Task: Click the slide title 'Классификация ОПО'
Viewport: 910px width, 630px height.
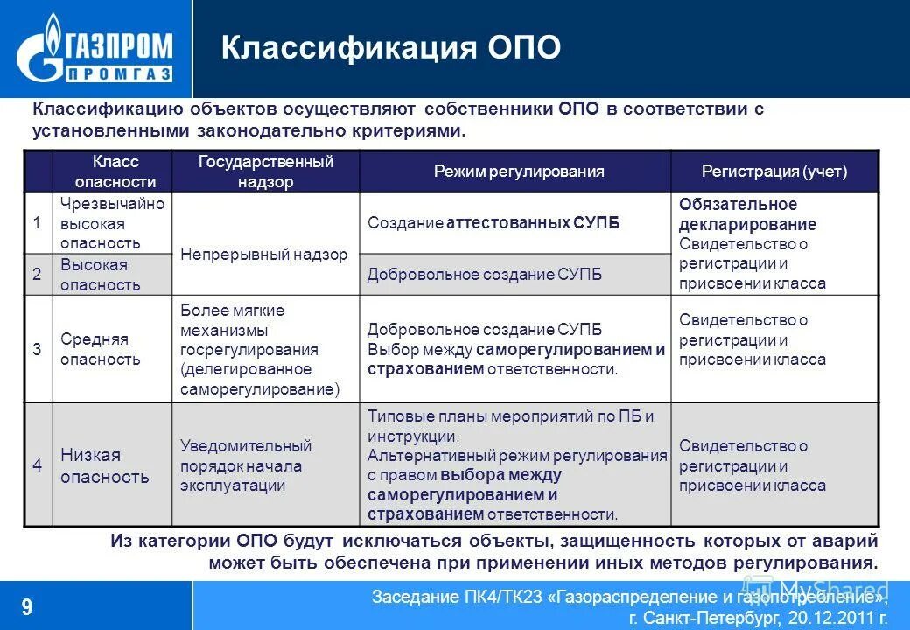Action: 390,48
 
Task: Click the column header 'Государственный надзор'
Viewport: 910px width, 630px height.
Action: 265,171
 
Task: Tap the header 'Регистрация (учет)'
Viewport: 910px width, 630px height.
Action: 773,171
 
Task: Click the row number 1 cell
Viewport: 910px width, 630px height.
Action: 38,223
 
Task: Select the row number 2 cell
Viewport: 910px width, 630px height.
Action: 38,275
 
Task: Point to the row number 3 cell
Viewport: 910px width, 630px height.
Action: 38,349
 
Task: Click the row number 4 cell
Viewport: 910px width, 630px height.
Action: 38,465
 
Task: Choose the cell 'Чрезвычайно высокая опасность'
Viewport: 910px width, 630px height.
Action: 112,223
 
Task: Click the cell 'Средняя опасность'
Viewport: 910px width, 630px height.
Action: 100,349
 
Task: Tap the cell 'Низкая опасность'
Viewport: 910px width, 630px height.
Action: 104,465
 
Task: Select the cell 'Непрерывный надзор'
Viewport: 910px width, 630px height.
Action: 264,255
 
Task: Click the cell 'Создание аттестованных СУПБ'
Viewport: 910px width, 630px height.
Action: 493,223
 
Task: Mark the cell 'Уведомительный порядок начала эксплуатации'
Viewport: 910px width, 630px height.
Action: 246,465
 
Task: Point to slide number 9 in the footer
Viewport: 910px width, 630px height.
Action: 27,606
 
